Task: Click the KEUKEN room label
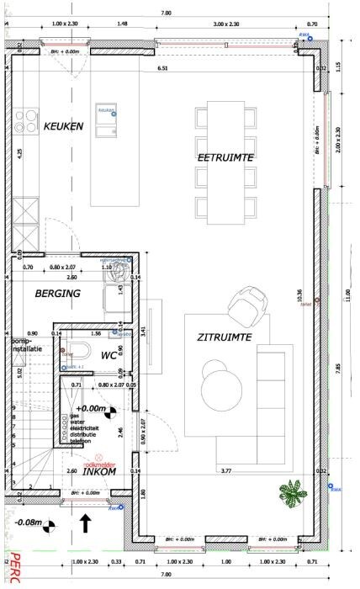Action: click(63, 126)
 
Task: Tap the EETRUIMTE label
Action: click(225, 157)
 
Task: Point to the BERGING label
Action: click(57, 294)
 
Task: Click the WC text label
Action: click(109, 356)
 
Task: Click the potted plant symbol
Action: click(293, 493)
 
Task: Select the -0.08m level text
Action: click(29, 523)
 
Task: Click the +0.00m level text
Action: click(93, 410)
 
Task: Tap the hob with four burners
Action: click(24, 123)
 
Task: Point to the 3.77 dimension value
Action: click(225, 470)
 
